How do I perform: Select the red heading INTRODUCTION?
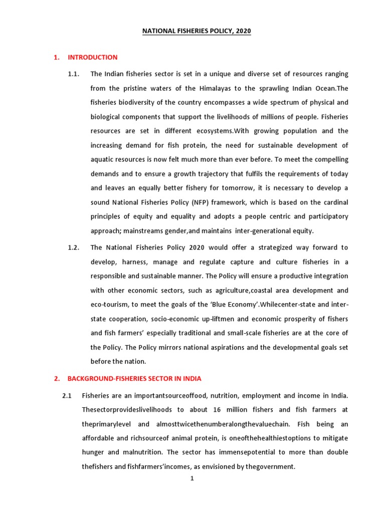coord(93,58)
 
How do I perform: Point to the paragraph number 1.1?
coord(74,74)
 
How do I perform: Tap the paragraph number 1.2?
coord(74,247)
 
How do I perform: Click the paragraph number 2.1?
coord(67,395)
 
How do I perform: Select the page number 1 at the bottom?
coord(191,478)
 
